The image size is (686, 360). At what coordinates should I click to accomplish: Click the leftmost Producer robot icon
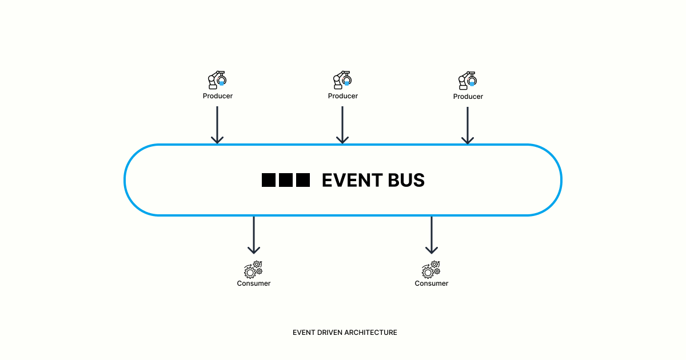(x=217, y=80)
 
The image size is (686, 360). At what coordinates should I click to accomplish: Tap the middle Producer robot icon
(x=342, y=80)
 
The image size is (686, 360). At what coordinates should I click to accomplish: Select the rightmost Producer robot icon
(x=468, y=80)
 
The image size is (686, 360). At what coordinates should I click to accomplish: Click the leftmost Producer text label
(x=217, y=96)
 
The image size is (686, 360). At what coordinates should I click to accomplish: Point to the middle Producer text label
(x=342, y=96)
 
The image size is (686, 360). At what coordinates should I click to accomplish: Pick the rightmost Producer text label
(x=468, y=97)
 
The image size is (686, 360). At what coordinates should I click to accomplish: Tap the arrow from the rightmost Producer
(x=468, y=125)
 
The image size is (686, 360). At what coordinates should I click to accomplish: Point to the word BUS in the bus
(x=405, y=181)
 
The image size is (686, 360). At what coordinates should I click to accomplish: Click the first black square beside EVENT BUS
(x=269, y=180)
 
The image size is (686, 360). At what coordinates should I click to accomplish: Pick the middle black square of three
(x=286, y=180)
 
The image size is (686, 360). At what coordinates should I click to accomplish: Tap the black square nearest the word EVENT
(x=303, y=180)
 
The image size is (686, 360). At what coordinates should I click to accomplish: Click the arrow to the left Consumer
(x=254, y=235)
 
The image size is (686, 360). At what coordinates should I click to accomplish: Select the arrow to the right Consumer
(x=432, y=235)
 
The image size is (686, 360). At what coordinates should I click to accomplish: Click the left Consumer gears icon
(x=253, y=269)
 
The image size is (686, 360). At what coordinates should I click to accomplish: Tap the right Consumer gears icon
(x=431, y=269)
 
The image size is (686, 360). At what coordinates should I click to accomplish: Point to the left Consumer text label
(x=254, y=283)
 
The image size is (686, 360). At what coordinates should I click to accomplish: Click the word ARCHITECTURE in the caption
(x=371, y=332)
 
